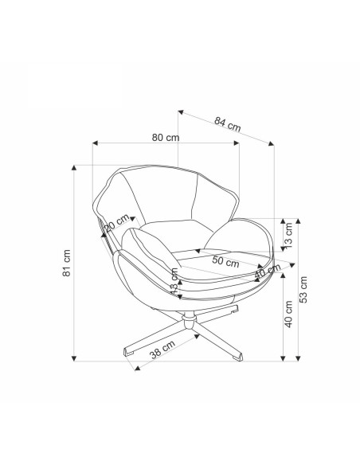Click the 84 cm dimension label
click(228, 124)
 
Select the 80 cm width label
click(166, 137)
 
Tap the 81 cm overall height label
click(66, 263)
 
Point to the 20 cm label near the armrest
click(117, 222)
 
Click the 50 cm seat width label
click(225, 262)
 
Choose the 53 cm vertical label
click(303, 290)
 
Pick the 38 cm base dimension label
click(162, 350)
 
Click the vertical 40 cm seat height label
click(288, 314)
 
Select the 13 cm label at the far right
click(288, 235)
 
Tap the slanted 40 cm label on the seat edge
click(268, 271)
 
